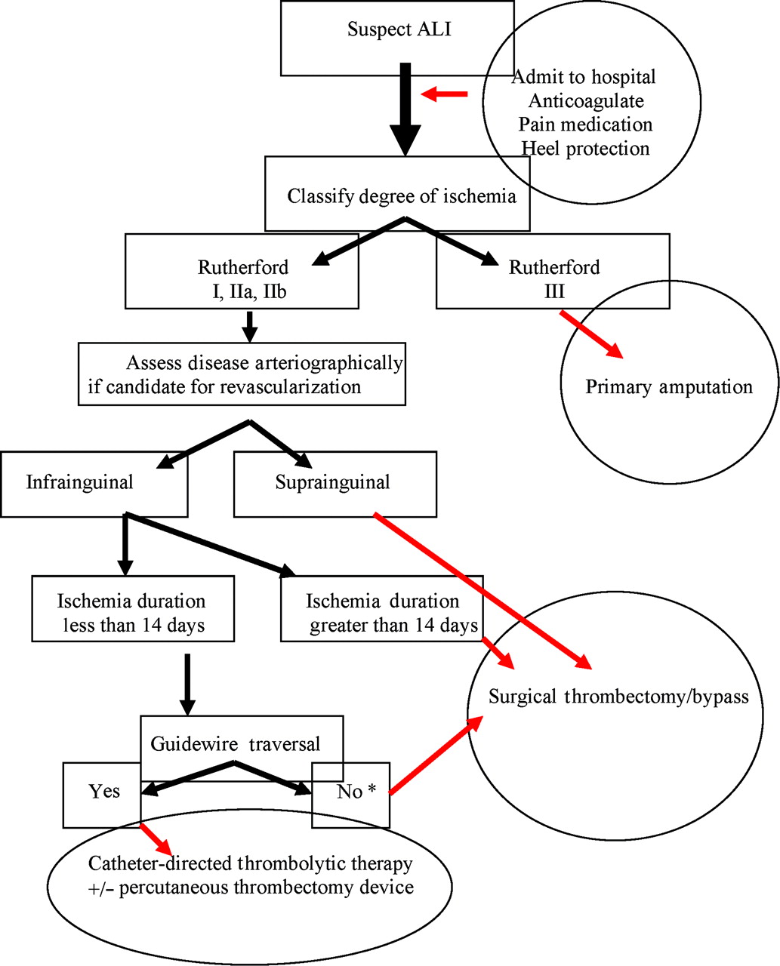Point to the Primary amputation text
(x=669, y=387)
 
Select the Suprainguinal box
(x=335, y=484)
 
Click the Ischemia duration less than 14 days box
(x=132, y=612)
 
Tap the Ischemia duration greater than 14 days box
(x=382, y=612)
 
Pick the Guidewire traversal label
(x=236, y=743)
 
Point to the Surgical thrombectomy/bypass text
(x=618, y=696)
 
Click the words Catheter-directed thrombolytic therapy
(x=251, y=863)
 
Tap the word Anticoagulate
(x=586, y=100)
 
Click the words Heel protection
(x=585, y=148)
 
